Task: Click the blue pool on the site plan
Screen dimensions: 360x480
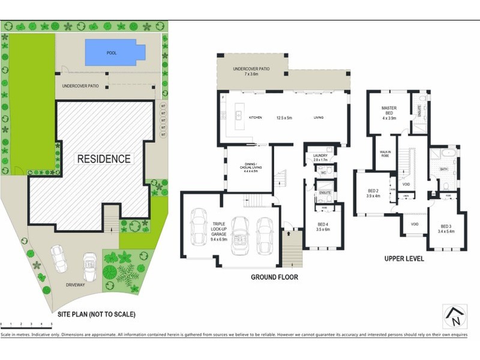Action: pos(115,52)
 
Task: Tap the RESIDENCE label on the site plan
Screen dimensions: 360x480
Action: pos(103,159)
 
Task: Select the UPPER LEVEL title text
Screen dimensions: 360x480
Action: pos(404,259)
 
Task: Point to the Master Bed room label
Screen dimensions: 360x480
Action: pos(391,112)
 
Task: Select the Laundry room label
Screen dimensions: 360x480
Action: pos(320,158)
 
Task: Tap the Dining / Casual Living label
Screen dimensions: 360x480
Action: pos(250,167)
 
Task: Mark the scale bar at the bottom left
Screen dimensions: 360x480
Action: pos(26,325)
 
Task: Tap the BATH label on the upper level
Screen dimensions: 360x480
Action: pos(443,169)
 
